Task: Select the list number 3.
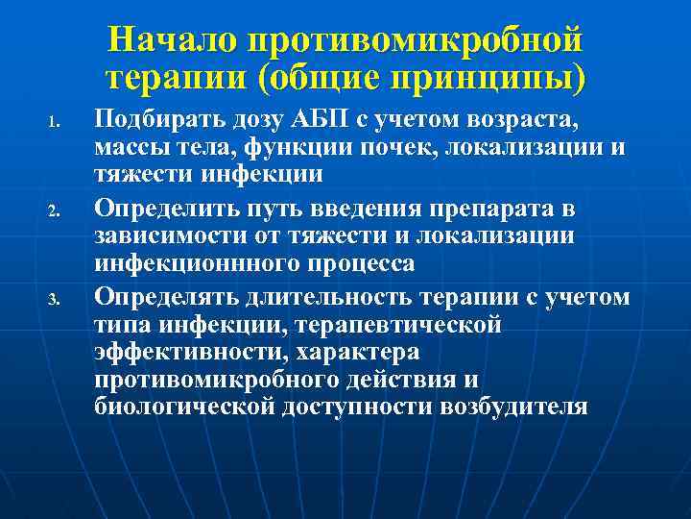coord(55,297)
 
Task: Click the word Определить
coord(160,207)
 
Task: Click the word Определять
coord(160,297)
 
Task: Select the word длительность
coord(310,297)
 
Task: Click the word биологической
coord(184,405)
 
